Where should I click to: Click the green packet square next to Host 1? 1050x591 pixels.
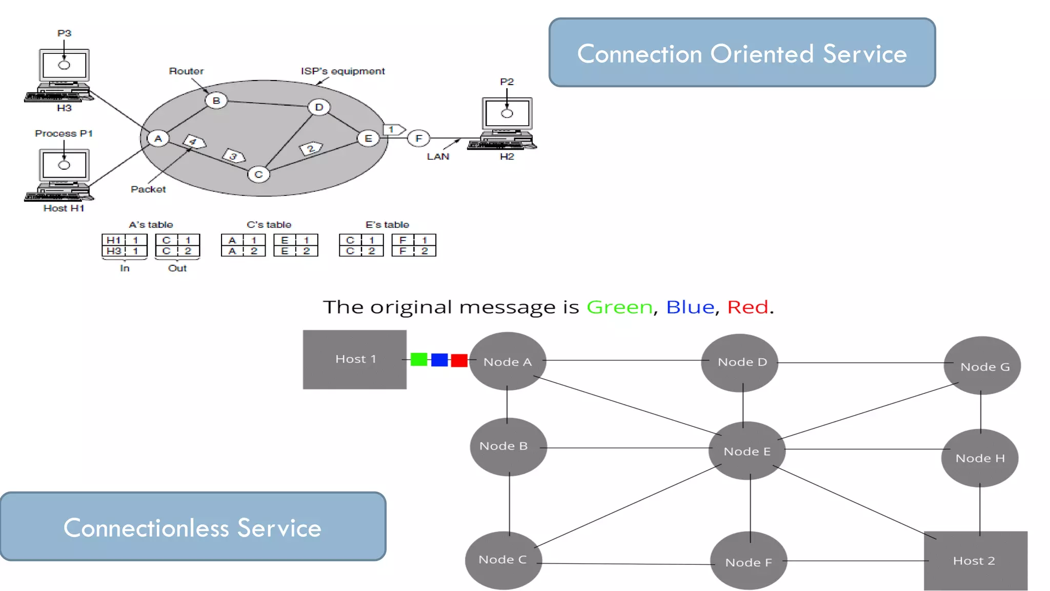coord(419,360)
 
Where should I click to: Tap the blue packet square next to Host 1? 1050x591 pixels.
coord(439,360)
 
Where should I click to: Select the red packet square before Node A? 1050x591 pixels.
coord(459,360)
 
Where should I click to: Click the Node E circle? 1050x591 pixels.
coord(746,451)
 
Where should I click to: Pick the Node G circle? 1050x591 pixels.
coord(982,366)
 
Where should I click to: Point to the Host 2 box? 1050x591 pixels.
coord(975,560)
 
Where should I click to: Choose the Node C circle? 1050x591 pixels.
coord(503,560)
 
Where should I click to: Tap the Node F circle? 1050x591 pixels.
coord(749,561)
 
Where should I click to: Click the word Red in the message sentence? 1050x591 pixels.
coord(748,307)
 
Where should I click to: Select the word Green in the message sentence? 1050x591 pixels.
coord(619,307)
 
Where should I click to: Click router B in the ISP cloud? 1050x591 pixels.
coord(216,101)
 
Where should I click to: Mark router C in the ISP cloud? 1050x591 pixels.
coord(258,174)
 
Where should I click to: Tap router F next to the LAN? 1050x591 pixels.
coord(419,138)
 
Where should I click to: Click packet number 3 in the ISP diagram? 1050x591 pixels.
coord(234,155)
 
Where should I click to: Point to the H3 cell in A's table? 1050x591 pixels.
coord(114,251)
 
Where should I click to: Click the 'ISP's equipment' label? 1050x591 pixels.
coord(342,71)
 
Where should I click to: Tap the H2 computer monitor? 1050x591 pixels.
coord(507,113)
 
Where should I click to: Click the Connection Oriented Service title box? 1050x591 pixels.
coord(742,53)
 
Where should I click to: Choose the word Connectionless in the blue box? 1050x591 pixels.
coord(146,528)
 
